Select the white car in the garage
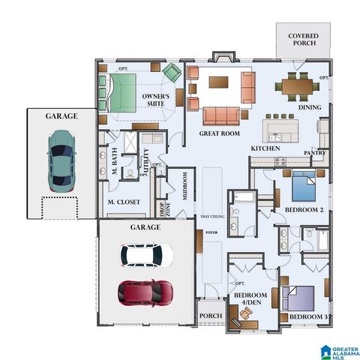pos(147,256)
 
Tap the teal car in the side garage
pos(61,160)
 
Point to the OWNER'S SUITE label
pos(156,100)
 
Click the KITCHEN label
pos(265,148)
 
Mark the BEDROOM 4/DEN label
pos(248,300)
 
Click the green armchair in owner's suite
pos(172,73)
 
